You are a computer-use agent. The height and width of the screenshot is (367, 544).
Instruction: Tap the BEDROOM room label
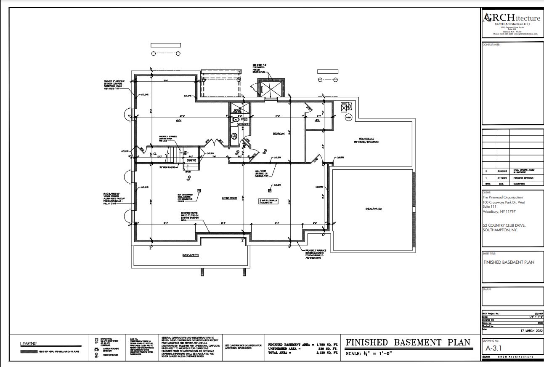click(279, 134)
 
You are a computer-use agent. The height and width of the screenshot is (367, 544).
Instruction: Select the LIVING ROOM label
click(230, 198)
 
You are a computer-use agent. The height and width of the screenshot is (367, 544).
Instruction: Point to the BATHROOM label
click(243, 124)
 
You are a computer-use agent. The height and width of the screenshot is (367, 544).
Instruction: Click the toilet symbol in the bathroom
click(236, 120)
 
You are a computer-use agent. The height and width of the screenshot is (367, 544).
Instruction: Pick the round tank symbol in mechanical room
click(348, 117)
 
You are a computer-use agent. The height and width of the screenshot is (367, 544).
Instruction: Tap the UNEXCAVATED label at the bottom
click(190, 255)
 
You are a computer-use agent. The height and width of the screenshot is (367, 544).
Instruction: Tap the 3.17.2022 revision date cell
click(502, 178)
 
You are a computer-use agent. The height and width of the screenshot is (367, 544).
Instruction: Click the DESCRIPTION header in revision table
click(519, 184)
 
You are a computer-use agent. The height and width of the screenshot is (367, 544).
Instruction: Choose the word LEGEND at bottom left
click(29, 343)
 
